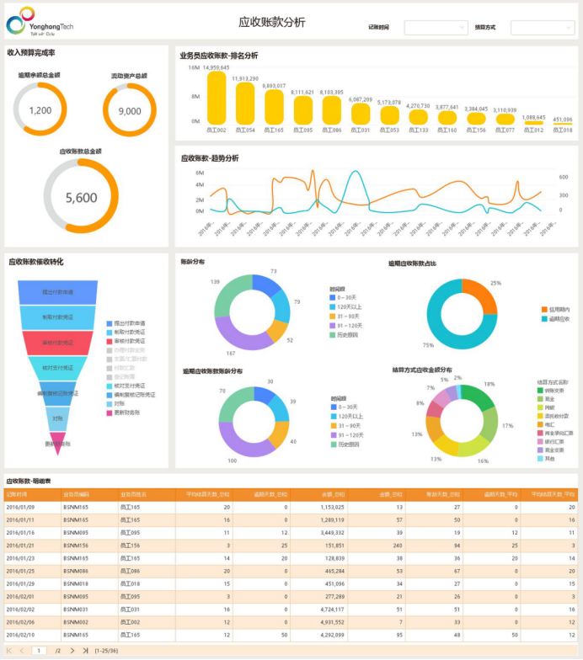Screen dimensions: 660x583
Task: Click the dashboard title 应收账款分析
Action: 272,23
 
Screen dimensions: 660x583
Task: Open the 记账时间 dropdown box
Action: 436,28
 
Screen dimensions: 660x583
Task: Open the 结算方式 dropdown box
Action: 542,28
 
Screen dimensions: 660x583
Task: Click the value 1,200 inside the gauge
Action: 40,110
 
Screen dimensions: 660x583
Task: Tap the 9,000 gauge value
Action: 130,111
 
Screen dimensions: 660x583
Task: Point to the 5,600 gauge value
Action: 82,198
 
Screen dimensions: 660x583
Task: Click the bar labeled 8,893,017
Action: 274,106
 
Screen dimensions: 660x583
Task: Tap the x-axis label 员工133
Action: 418,130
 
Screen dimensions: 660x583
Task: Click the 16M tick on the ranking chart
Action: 194,67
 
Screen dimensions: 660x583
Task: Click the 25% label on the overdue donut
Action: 495,283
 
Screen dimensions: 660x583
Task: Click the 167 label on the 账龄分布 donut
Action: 230,353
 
